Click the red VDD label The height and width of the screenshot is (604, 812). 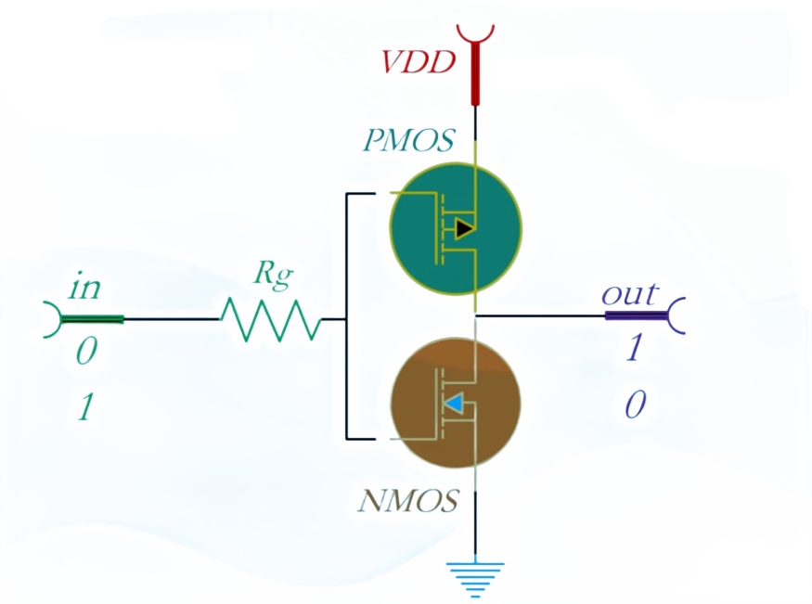[419, 63]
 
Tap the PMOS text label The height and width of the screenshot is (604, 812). [408, 141]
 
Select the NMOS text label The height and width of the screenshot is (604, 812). [407, 502]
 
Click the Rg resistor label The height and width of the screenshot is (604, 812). [274, 275]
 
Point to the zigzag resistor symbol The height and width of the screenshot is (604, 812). [270, 320]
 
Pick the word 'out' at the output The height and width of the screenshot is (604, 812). [629, 294]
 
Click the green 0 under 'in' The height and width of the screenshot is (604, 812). [85, 352]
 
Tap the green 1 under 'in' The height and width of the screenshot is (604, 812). [84, 407]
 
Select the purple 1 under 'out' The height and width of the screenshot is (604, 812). [635, 348]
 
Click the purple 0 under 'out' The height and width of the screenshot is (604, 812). [635, 405]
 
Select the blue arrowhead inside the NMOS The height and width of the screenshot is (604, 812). [454, 404]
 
